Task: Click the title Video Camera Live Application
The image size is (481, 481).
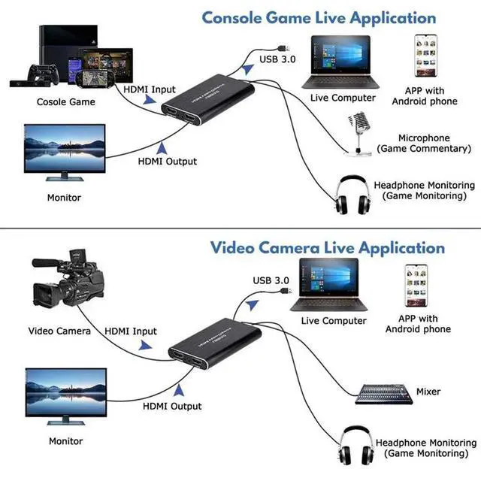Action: coord(327,247)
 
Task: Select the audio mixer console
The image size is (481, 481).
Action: coord(380,392)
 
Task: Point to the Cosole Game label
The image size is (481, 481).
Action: coord(66,101)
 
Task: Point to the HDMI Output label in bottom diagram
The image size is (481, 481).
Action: coord(172,406)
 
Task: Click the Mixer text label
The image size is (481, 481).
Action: coord(428,392)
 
